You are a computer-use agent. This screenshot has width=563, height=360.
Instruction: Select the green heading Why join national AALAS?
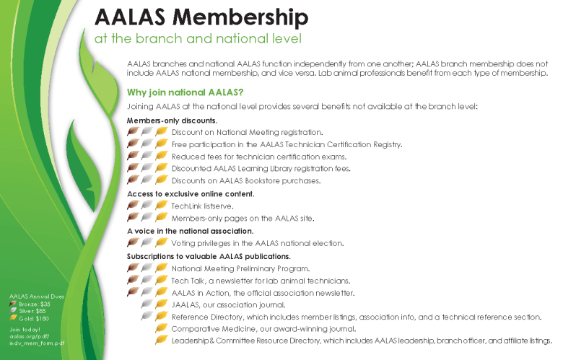(185, 92)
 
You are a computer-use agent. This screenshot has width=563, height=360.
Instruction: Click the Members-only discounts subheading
(172, 120)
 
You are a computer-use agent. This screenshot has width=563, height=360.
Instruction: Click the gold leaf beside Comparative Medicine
(162, 328)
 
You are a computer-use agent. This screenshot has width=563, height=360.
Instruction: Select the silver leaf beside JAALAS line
(147, 305)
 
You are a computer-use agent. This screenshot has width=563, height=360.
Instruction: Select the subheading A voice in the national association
(189, 231)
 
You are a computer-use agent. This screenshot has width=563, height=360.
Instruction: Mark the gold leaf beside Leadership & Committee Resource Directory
(162, 341)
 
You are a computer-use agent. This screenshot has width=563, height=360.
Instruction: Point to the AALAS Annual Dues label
(32, 296)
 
